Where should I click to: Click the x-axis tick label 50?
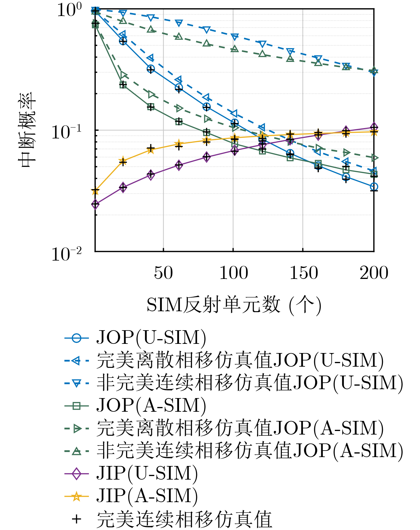[163, 273]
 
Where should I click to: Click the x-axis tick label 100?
[234, 273]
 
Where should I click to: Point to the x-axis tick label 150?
[304, 273]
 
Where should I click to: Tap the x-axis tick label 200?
[374, 273]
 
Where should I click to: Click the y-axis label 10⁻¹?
[66, 132]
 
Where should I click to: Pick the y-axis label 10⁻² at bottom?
[66, 254]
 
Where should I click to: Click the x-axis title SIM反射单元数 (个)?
[234, 305]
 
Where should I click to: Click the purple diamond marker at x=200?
[374, 127]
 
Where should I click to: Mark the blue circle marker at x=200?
[374, 187]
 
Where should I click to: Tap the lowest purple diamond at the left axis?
[95, 204]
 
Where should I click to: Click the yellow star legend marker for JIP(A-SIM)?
[76, 496]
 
